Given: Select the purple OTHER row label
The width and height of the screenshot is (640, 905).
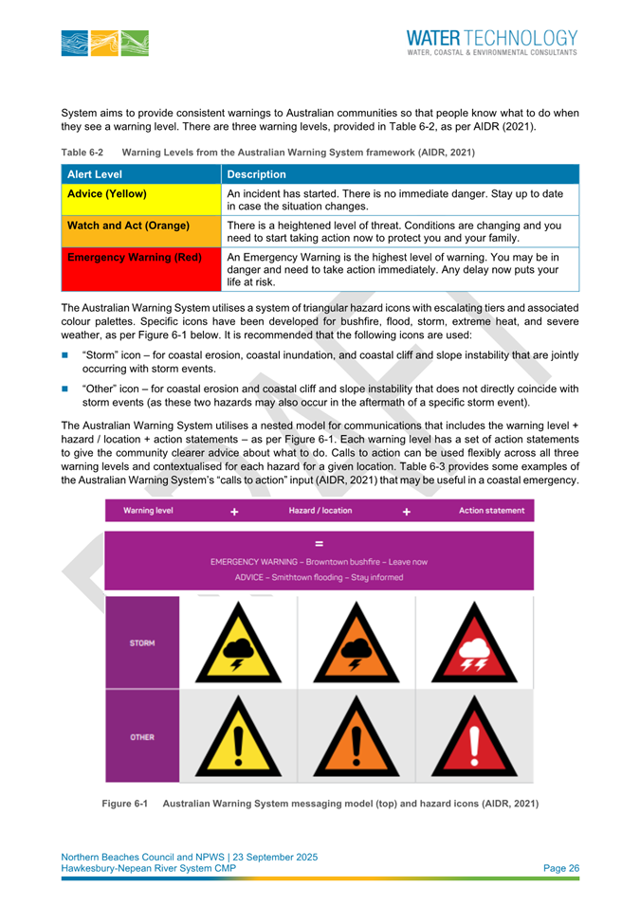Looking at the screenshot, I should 143,736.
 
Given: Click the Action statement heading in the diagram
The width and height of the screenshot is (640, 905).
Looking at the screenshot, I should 491,511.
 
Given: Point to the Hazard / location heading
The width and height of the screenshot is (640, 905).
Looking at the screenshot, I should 320,511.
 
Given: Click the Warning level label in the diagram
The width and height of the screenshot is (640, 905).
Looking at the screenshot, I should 148,511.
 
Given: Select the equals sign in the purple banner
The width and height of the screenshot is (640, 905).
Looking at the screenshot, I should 320,544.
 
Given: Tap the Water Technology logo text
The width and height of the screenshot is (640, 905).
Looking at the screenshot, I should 491,42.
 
